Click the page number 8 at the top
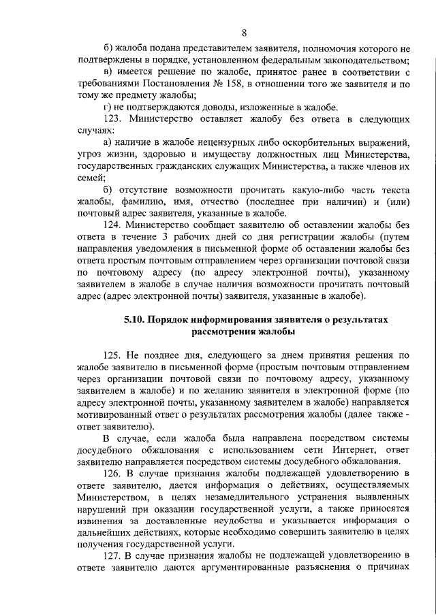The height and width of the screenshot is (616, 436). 244,32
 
